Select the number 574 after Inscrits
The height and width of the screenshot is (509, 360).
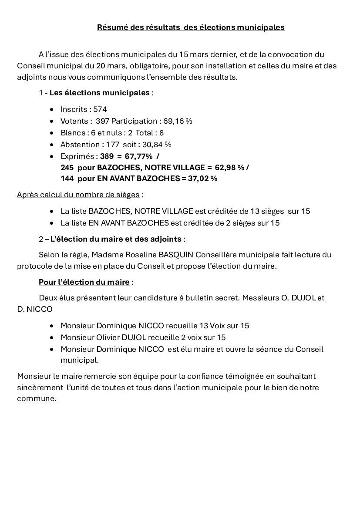100,109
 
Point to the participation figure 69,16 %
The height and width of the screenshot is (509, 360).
178,121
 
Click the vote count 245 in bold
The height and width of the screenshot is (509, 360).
67,168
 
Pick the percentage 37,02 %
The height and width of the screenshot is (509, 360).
202,179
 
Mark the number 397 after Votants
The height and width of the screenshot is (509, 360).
102,121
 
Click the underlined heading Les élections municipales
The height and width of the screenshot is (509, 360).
99,93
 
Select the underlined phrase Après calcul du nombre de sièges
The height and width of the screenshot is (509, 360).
78,195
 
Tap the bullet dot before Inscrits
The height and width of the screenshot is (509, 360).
52,110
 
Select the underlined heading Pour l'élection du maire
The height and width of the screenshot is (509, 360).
84,282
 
